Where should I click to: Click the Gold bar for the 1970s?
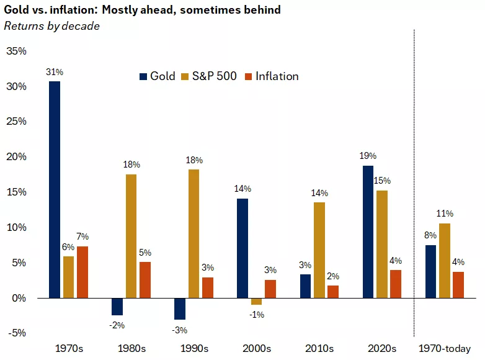point(55,189)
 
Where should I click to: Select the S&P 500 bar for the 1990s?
point(194,233)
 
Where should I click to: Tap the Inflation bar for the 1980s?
point(145,280)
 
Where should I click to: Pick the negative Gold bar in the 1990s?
point(180,308)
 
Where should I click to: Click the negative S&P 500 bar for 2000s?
point(256,302)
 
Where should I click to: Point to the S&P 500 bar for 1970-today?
point(444,261)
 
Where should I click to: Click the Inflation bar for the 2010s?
point(333,292)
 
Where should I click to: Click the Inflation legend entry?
point(272,76)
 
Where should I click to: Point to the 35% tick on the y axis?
point(16,51)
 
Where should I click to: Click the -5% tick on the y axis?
point(16,333)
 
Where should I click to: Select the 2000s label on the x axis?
point(256,348)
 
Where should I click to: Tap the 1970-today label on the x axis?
point(445,348)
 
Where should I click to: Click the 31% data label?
point(55,72)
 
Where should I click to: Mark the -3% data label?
point(180,330)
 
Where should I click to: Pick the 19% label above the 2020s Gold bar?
point(368,156)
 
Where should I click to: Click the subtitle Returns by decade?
point(51,26)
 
